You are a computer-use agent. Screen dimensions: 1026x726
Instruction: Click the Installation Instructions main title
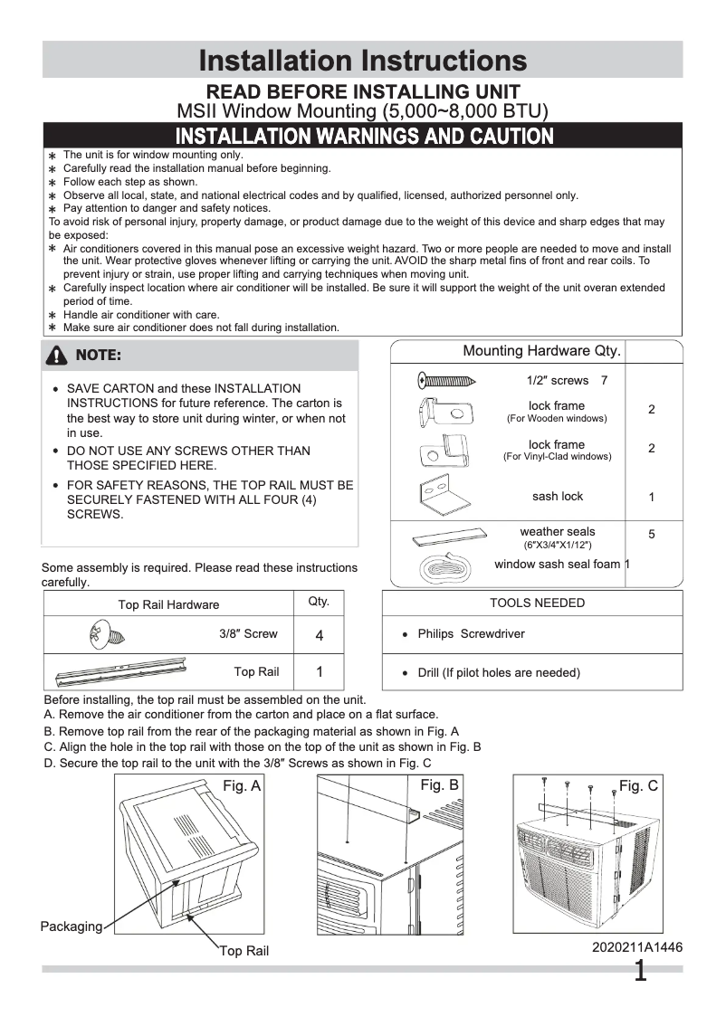tap(362, 60)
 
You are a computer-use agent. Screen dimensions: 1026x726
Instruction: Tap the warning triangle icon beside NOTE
tap(56, 356)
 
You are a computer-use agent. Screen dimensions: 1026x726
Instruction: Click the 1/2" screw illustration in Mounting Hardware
tap(446, 380)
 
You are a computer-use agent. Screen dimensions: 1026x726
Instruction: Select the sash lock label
tap(558, 496)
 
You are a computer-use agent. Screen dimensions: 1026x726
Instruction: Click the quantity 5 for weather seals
tap(652, 535)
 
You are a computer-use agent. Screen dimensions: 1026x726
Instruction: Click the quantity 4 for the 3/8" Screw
tap(320, 635)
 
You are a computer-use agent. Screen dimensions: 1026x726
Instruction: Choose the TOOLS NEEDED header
tap(537, 603)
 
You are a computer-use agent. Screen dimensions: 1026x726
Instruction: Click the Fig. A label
tap(242, 786)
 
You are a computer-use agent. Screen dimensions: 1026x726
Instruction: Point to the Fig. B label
tap(439, 785)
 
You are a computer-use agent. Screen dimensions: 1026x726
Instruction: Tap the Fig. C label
tap(638, 785)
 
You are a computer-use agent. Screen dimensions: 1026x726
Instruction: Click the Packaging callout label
tap(71, 926)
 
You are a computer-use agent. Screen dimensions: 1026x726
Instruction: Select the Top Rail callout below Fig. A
tap(244, 951)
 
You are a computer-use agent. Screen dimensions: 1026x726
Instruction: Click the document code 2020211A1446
tap(637, 947)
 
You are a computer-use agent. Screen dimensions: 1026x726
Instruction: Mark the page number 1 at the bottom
tap(640, 973)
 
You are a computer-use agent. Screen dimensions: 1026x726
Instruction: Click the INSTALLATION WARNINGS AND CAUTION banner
tap(363, 137)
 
